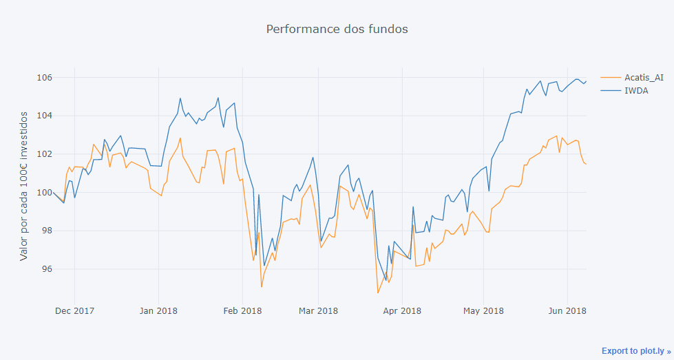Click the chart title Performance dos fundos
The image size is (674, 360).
(337, 30)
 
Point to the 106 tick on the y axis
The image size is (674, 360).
(45, 77)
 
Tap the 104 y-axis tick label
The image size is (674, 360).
(45, 116)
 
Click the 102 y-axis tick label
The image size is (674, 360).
(45, 154)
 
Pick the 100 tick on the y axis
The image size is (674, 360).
(45, 193)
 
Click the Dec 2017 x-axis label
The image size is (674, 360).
(74, 311)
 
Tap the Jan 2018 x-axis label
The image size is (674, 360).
(158, 311)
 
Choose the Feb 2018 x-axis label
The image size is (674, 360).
(242, 311)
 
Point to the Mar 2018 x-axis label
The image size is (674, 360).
(319, 311)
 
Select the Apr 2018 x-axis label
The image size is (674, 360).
(402, 311)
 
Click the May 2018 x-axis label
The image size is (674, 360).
(483, 311)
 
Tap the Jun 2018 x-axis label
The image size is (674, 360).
(567, 311)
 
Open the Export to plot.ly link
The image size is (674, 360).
(635, 351)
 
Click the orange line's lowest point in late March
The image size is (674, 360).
(378, 293)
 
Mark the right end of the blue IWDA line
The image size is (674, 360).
(586, 81)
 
